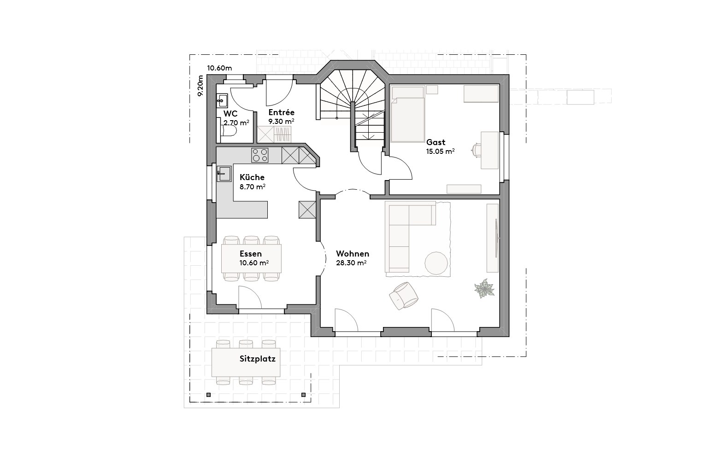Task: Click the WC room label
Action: (x=230, y=113)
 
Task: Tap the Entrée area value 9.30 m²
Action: (x=281, y=121)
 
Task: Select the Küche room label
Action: (x=252, y=177)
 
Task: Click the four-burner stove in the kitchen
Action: (x=260, y=155)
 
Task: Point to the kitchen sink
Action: (x=224, y=174)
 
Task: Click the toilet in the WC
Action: (x=229, y=131)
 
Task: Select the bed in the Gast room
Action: (x=407, y=120)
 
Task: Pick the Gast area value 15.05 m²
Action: (x=440, y=151)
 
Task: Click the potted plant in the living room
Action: (x=484, y=289)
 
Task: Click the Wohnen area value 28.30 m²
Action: (x=351, y=263)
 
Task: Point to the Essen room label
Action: (x=251, y=254)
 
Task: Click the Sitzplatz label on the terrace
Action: (x=257, y=359)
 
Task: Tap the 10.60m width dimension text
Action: (x=219, y=68)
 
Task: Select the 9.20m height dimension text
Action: (x=200, y=86)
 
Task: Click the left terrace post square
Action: (x=209, y=395)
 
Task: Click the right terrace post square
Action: (x=304, y=395)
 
